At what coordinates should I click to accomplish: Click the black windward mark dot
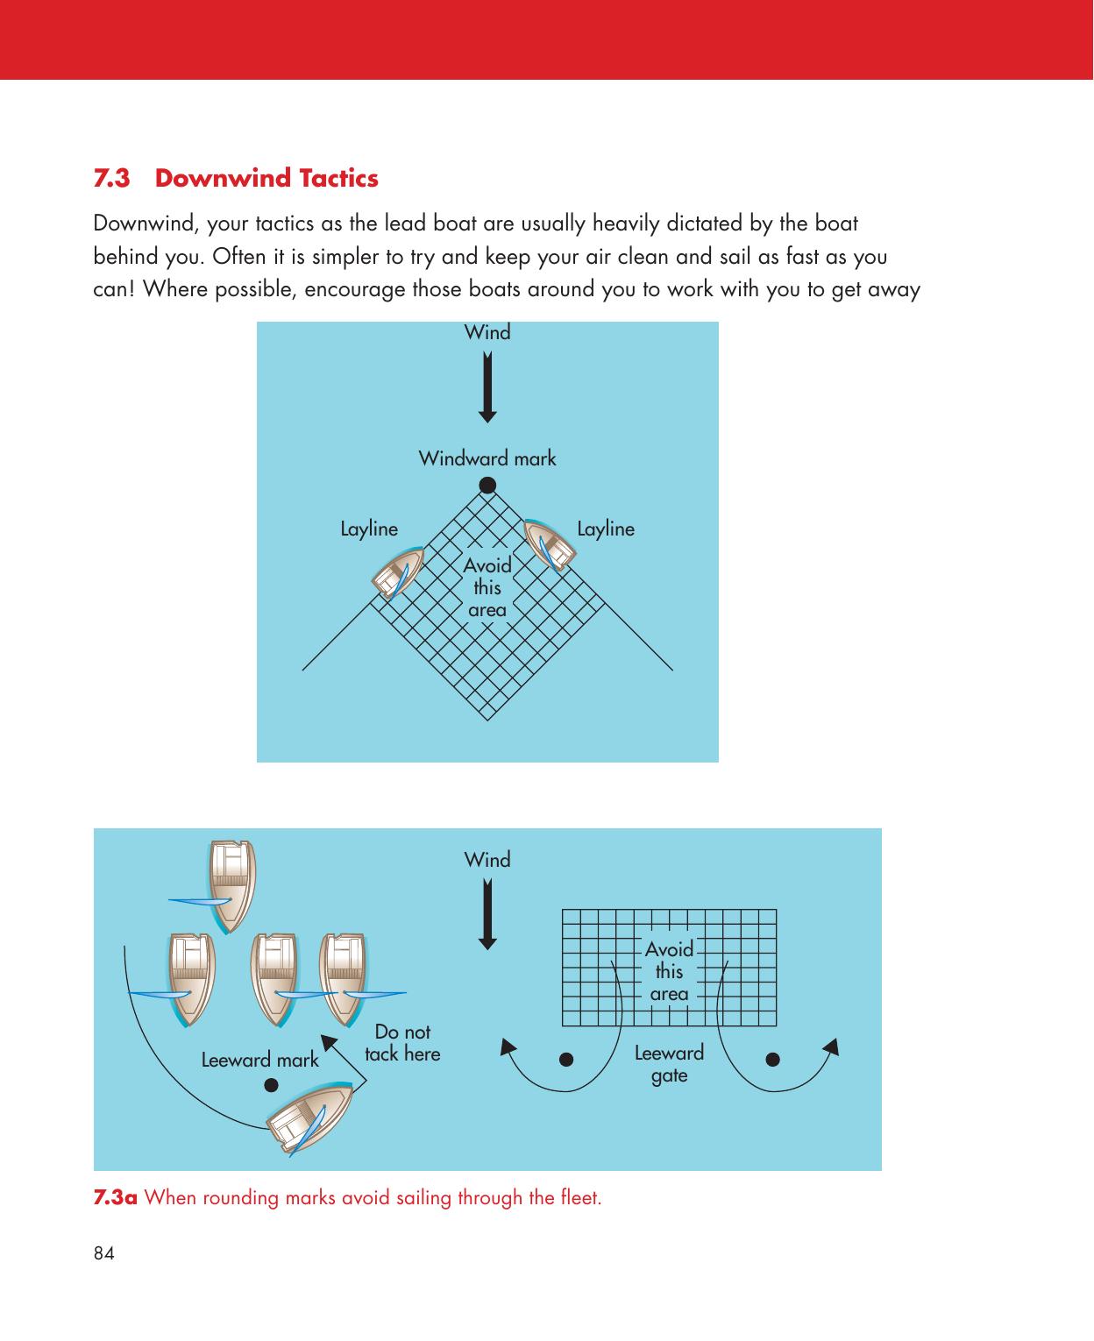pyautogui.click(x=487, y=485)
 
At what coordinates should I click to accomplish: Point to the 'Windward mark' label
pyautogui.click(x=487, y=458)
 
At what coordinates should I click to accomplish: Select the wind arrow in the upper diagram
pyautogui.click(x=487, y=386)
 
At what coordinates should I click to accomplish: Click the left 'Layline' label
pyautogui.click(x=368, y=529)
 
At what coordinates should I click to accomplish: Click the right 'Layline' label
pyautogui.click(x=606, y=529)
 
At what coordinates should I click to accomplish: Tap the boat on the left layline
pyautogui.click(x=397, y=571)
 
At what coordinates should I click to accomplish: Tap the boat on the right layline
pyautogui.click(x=550, y=544)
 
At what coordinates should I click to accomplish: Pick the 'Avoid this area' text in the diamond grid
pyautogui.click(x=487, y=587)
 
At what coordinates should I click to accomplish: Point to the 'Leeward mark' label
pyautogui.click(x=259, y=1060)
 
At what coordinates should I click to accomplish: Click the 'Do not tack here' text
pyautogui.click(x=402, y=1043)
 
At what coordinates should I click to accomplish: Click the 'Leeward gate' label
pyautogui.click(x=669, y=1063)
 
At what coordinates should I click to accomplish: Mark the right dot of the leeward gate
pyautogui.click(x=773, y=1059)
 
